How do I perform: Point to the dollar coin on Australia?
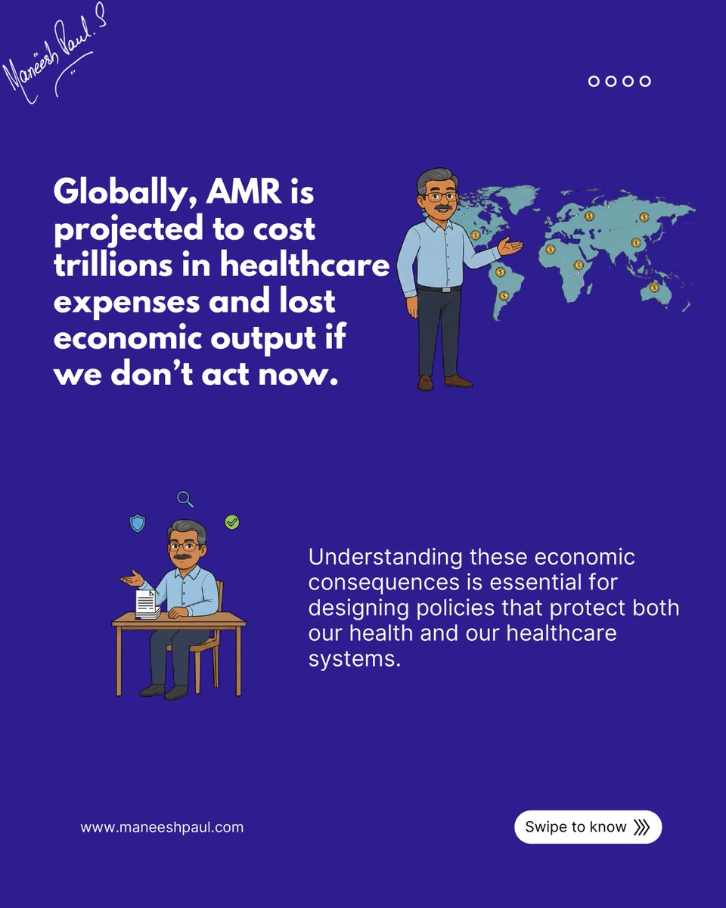(654, 288)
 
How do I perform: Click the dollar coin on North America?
(476, 235)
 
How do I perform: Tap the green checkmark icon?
(232, 522)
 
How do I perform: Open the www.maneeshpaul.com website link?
(162, 827)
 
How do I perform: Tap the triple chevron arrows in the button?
(641, 827)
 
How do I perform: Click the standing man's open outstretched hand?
(510, 245)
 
